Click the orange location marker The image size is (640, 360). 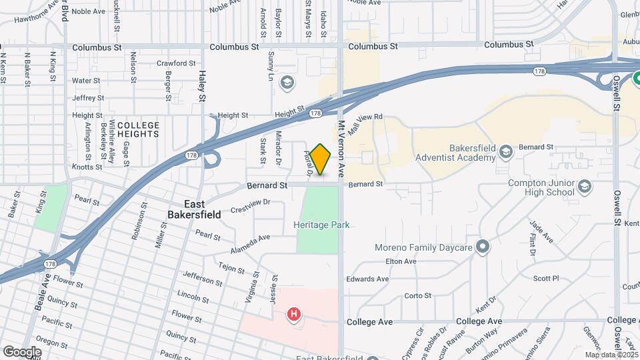click(321, 159)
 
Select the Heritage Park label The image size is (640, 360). click(321, 225)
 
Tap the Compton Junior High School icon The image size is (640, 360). click(585, 185)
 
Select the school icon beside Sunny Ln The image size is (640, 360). click(287, 83)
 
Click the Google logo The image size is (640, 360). click(22, 351)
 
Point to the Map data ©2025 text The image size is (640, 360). click(611, 355)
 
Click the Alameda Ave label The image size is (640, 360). click(250, 237)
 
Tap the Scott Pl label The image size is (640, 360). click(545, 279)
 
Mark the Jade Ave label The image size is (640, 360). click(540, 233)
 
